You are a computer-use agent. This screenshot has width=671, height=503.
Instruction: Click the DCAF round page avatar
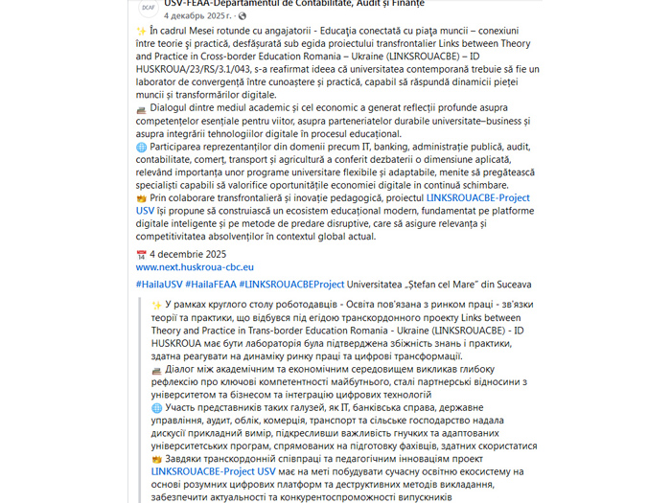pyautogui.click(x=148, y=9)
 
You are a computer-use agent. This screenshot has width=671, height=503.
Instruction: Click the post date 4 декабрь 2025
pyautogui.click(x=197, y=16)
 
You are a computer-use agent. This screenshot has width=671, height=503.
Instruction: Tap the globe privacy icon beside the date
pyautogui.click(x=242, y=16)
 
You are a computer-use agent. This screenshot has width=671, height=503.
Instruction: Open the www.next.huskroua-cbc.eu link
pyautogui.click(x=195, y=267)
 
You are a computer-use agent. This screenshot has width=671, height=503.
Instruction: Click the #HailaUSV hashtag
pyautogui.click(x=159, y=285)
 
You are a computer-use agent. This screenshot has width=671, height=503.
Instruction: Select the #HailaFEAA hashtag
pyautogui.click(x=211, y=285)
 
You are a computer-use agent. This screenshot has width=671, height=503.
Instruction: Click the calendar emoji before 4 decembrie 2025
pyautogui.click(x=141, y=254)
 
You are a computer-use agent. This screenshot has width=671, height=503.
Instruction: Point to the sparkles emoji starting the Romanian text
pyautogui.click(x=141, y=30)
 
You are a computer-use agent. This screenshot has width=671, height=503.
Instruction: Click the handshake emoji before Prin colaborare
pyautogui.click(x=141, y=196)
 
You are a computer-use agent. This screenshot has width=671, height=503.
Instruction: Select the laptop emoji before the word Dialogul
pyautogui.click(x=141, y=109)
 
